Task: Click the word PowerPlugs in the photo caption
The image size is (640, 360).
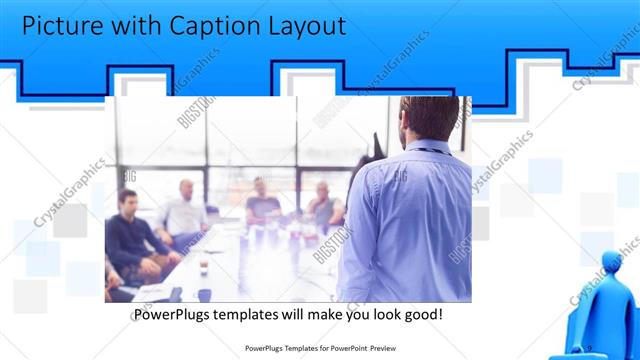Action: (176, 315)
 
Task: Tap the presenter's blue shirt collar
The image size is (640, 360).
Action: (425, 146)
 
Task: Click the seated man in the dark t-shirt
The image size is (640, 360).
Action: (262, 203)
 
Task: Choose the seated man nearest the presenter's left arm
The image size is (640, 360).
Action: (324, 206)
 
